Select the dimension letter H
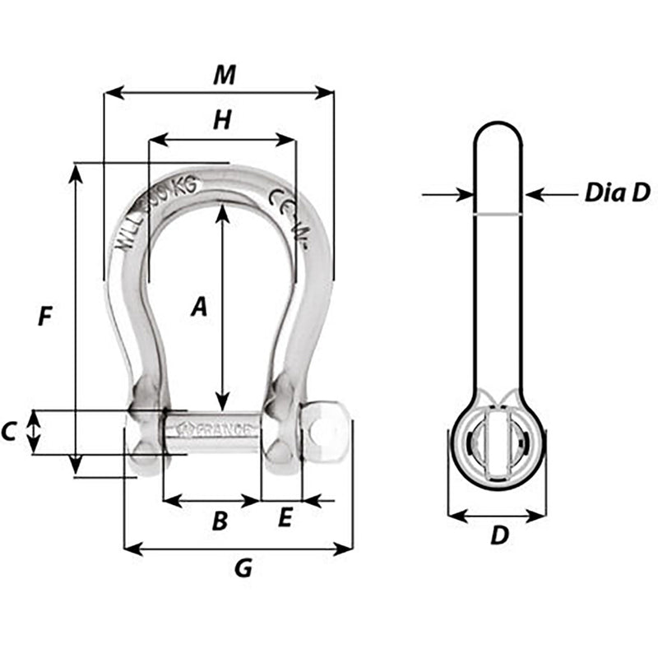(x=221, y=121)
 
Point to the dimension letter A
(x=197, y=308)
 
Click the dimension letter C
(x=9, y=431)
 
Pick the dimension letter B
(x=220, y=521)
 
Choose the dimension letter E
(x=285, y=518)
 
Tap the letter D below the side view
(x=499, y=536)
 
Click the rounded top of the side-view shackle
(x=498, y=136)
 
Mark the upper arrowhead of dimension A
(x=222, y=212)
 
